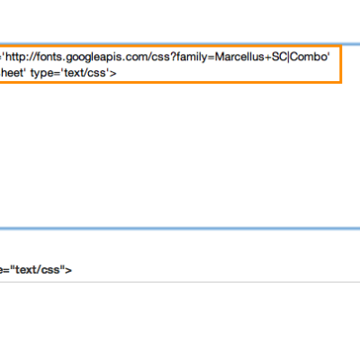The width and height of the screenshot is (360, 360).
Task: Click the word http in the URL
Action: click(x=15, y=57)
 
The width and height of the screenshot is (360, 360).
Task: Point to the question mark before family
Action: click(x=173, y=56)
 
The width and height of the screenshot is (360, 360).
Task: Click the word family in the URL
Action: click(x=191, y=58)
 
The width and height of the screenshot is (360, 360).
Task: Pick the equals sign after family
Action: click(x=211, y=57)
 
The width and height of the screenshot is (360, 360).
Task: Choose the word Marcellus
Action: click(x=239, y=57)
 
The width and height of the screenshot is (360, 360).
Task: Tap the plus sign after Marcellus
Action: click(x=268, y=57)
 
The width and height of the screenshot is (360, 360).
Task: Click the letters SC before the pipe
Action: click(x=279, y=57)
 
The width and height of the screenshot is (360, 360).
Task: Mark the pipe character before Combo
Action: click(x=289, y=57)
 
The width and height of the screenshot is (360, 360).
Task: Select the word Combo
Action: click(x=309, y=57)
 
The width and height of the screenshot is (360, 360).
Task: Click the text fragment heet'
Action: click(x=13, y=73)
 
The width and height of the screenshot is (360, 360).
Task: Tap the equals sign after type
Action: click(x=59, y=73)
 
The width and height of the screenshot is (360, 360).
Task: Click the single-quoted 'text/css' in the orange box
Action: click(x=86, y=73)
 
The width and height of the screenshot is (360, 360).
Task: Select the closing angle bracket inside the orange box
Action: click(x=112, y=73)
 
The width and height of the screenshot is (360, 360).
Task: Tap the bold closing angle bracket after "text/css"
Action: click(x=68, y=270)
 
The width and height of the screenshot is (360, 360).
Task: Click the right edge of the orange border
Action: click(x=341, y=64)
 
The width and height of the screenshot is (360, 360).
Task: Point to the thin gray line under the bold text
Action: click(x=180, y=282)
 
